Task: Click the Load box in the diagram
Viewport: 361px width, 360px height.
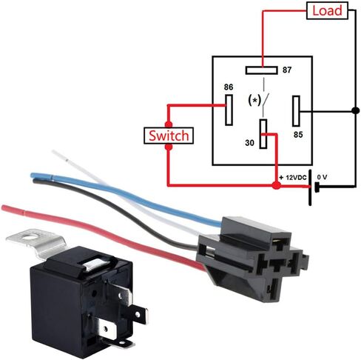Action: pyautogui.click(x=327, y=10)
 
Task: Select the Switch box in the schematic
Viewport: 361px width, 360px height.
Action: pyautogui.click(x=169, y=136)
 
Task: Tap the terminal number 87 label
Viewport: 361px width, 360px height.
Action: pyautogui.click(x=287, y=70)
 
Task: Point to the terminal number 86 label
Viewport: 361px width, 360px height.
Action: pyautogui.click(x=229, y=87)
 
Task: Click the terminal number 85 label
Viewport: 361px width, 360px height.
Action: pyautogui.click(x=298, y=135)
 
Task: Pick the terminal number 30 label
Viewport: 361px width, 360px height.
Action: pyautogui.click(x=249, y=143)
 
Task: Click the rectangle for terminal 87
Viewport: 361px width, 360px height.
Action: pyautogui.click(x=261, y=70)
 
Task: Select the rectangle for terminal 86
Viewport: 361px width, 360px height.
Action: pyautogui.click(x=229, y=110)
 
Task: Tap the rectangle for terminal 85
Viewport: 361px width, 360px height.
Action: pyautogui.click(x=296, y=111)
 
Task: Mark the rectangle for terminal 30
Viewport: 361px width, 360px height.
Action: pyautogui.click(x=263, y=134)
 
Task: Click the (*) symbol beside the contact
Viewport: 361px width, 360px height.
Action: pyautogui.click(x=254, y=101)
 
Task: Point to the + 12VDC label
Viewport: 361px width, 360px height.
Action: pyautogui.click(x=293, y=178)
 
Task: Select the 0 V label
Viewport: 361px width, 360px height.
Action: pyautogui.click(x=322, y=177)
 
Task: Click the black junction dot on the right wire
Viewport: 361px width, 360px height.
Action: pyautogui.click(x=355, y=110)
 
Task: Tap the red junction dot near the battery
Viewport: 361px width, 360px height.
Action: pyautogui.click(x=276, y=185)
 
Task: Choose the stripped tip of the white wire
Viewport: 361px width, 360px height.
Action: pyautogui.click(x=60, y=156)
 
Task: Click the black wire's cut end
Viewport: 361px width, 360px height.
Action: pyautogui.click(x=35, y=181)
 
